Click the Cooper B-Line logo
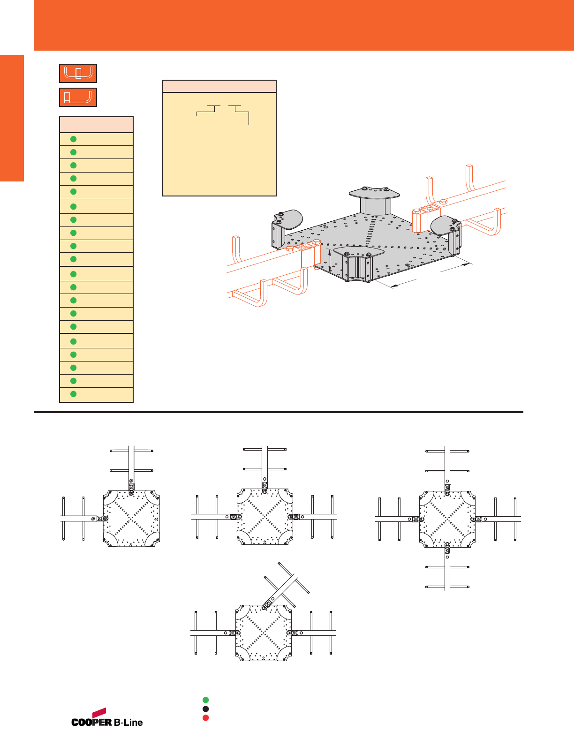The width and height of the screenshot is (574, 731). click(x=107, y=718)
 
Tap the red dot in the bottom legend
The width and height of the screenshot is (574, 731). click(x=205, y=717)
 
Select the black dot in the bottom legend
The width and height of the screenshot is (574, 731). click(x=205, y=709)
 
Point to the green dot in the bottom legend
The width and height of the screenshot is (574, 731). click(x=205, y=700)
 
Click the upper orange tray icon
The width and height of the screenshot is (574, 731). click(x=78, y=73)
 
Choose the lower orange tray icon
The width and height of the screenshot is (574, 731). click(x=78, y=97)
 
